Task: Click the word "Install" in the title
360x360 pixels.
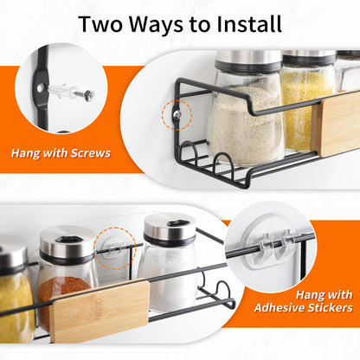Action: click(249, 23)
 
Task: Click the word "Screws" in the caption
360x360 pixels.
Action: click(91, 153)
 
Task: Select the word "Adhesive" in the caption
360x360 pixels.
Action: click(279, 308)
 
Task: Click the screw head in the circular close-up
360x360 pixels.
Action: click(89, 95)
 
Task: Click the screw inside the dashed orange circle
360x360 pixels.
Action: click(177, 115)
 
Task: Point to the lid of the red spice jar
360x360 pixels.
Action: click(68, 245)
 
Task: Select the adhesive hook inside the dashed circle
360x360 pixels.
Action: click(114, 247)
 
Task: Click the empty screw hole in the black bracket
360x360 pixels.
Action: click(40, 87)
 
